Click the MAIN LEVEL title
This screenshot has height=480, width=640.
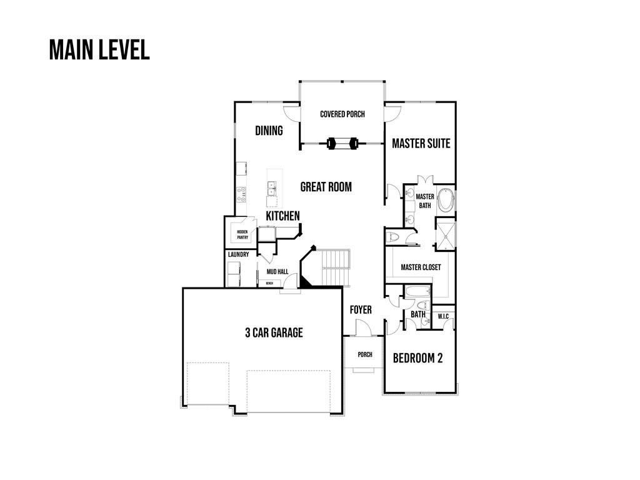pyautogui.click(x=99, y=50)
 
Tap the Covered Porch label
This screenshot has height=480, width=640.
pyautogui.click(x=342, y=114)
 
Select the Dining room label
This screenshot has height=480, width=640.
pyautogui.click(x=269, y=131)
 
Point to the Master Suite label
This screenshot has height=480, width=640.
pyautogui.click(x=421, y=143)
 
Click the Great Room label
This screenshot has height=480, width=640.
pyautogui.click(x=326, y=186)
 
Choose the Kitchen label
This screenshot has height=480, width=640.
pyautogui.click(x=282, y=216)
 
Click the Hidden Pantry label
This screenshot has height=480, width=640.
pyautogui.click(x=242, y=234)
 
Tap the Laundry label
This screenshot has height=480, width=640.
pyautogui.click(x=238, y=254)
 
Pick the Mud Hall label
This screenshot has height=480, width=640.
pyautogui.click(x=277, y=272)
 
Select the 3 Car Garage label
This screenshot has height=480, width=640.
pyautogui.click(x=273, y=332)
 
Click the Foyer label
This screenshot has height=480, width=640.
pyautogui.click(x=361, y=310)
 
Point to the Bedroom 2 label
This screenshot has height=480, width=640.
pyautogui.click(x=417, y=358)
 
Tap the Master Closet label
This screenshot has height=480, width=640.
pyautogui.click(x=421, y=267)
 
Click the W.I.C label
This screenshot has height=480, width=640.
pyautogui.click(x=443, y=316)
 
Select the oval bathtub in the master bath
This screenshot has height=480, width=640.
pyautogui.click(x=445, y=199)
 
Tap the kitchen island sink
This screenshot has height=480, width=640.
pyautogui.click(x=272, y=186)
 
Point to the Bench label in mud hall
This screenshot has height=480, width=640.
pyautogui.click(x=269, y=283)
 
